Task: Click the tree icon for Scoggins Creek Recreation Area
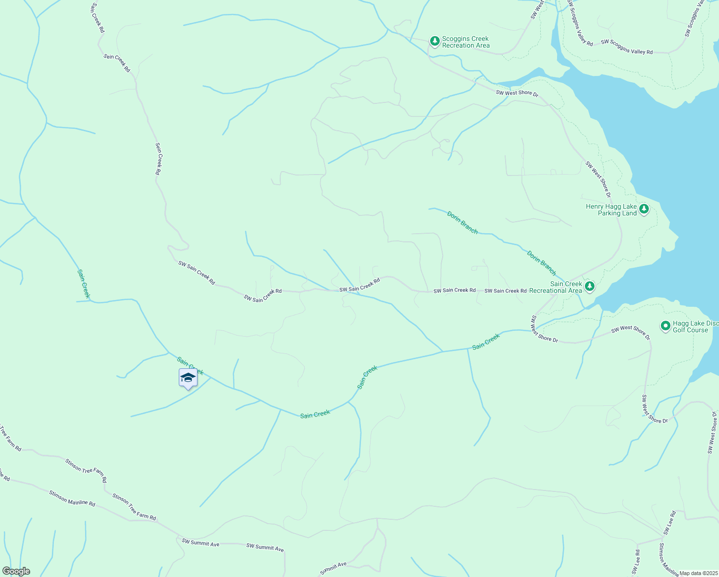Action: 434,41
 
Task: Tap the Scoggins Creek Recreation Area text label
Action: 465,42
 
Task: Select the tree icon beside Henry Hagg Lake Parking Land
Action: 644,209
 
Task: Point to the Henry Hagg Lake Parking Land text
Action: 611,210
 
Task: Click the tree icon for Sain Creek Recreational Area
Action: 590,287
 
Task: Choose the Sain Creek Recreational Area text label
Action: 556,287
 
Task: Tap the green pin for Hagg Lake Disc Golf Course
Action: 665,326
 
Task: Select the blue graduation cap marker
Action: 188,378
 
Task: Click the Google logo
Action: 16,571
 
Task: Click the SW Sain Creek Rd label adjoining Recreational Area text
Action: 505,291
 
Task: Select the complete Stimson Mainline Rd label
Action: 72,498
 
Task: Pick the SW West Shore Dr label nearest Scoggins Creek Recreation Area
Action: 517,93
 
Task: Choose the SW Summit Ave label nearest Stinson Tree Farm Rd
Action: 200,543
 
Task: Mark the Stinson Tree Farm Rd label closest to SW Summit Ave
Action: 134,507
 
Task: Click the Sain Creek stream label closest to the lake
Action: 486,341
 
